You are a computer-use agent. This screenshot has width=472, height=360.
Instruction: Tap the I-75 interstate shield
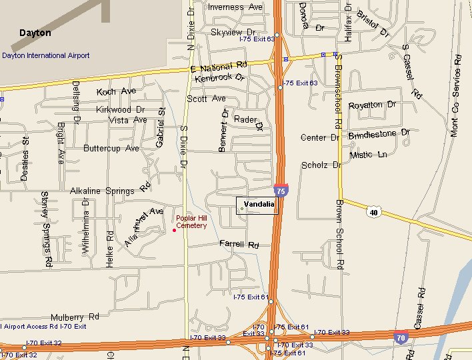(x=281, y=191)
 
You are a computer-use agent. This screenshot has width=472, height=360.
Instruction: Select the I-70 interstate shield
(x=401, y=337)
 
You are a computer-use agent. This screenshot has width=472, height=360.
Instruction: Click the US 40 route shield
(x=373, y=211)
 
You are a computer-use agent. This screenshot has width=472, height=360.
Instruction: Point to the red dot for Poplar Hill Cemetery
(x=174, y=230)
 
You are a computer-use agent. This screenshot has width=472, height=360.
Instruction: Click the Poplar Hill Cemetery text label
(x=191, y=222)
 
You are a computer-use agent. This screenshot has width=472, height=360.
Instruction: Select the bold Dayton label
(x=35, y=33)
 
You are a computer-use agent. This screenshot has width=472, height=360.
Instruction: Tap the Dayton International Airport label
(x=45, y=56)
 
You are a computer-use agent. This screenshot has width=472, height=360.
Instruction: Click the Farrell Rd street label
(x=239, y=245)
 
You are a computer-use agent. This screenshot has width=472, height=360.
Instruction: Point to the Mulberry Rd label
(x=74, y=317)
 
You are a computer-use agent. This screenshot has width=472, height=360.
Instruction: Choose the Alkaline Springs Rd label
(x=111, y=189)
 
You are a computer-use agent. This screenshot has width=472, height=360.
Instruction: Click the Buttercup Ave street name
(x=111, y=149)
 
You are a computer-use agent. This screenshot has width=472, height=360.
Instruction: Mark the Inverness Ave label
(x=235, y=7)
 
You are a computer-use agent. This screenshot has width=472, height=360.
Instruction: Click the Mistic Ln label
(x=368, y=155)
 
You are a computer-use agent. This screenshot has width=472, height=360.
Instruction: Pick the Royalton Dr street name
(x=372, y=105)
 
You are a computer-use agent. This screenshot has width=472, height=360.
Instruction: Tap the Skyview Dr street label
(x=233, y=32)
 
